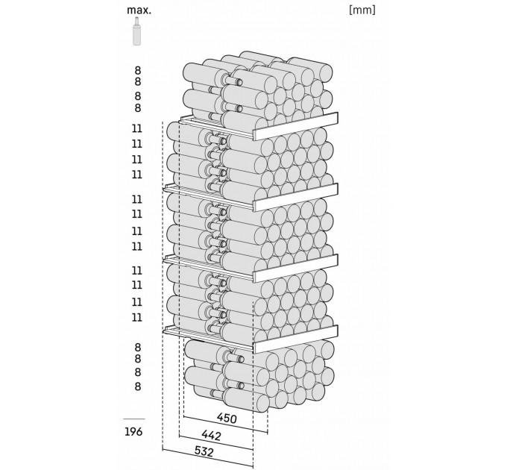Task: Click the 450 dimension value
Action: click(227, 419)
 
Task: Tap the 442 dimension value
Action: click(211, 436)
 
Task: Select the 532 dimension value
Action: click(204, 451)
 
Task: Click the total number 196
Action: click(133, 431)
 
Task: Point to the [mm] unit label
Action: click(362, 10)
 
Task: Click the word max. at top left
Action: click(139, 10)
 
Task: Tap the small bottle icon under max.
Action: click(136, 31)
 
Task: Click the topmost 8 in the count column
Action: click(138, 70)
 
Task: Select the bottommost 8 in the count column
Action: click(138, 386)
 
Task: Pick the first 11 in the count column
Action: click(137, 128)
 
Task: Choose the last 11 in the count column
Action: click(137, 317)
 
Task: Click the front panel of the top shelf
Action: click(295, 126)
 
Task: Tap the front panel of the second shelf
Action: click(295, 197)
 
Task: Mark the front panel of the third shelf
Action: click(295, 268)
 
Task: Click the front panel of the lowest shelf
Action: click(295, 339)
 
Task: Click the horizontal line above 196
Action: click(134, 419)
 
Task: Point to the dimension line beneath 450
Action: click(225, 424)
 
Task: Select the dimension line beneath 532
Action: click(207, 457)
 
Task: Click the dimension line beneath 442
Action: click(215, 442)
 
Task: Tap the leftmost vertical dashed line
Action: click(163, 285)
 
